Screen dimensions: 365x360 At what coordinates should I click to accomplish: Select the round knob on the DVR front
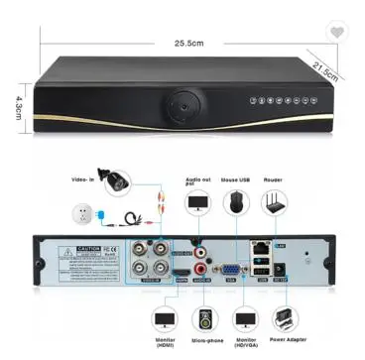pos(182,103)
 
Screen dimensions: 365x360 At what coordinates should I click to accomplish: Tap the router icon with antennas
pos(274,202)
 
